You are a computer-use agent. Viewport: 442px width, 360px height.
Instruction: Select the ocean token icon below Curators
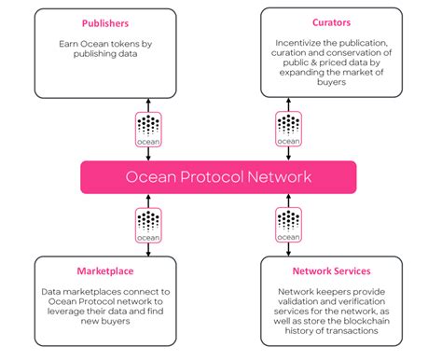[288, 129]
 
